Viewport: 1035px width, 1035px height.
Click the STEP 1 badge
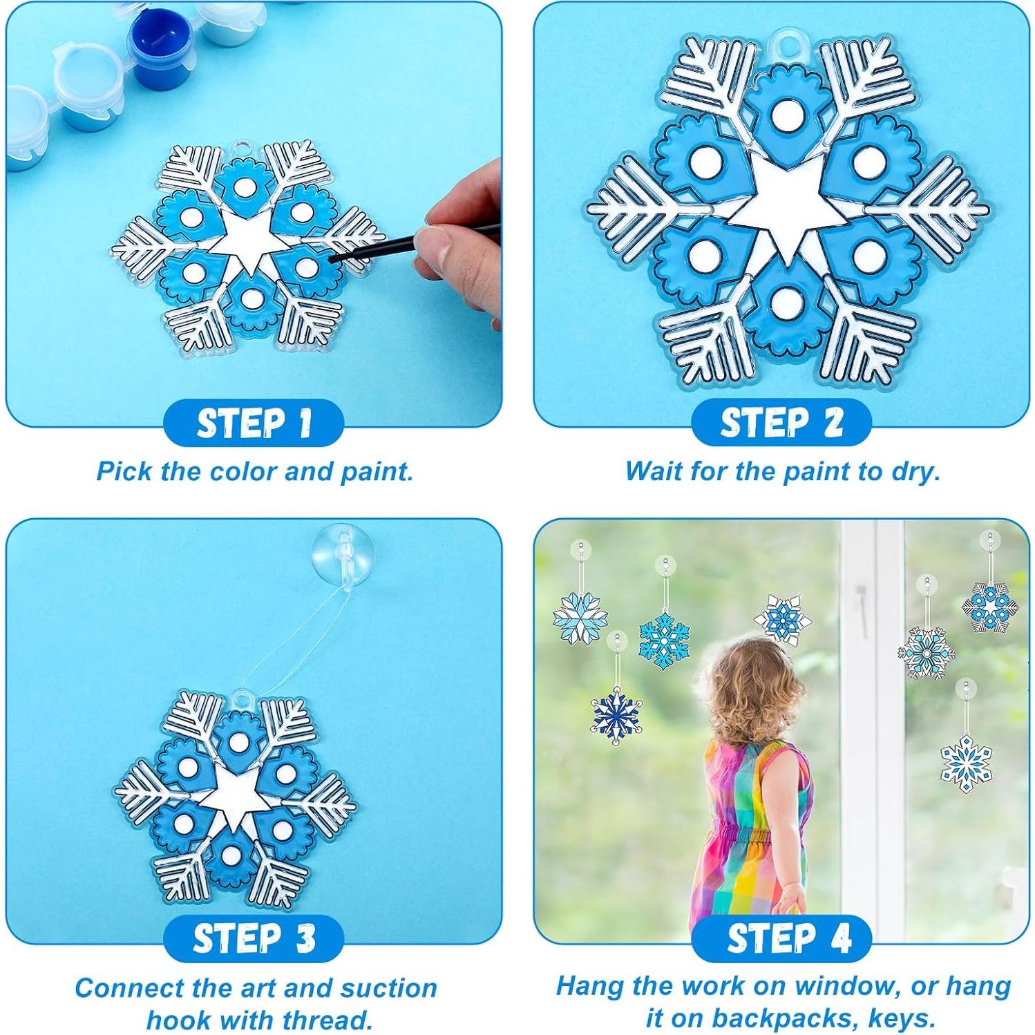click(254, 423)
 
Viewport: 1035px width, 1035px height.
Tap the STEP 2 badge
click(781, 423)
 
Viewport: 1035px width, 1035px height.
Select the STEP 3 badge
click(254, 938)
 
